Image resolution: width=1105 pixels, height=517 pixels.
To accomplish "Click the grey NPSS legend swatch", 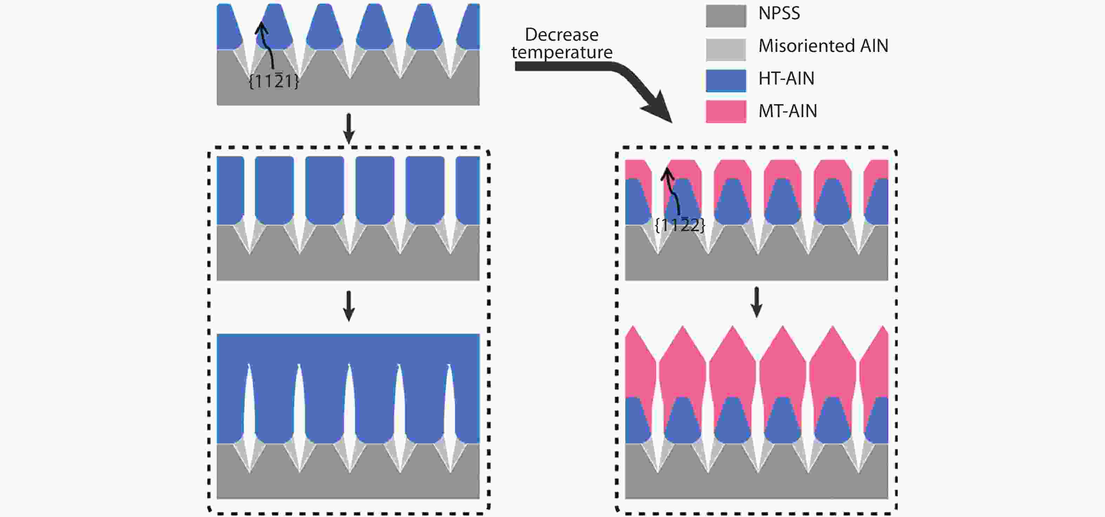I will coord(726,16).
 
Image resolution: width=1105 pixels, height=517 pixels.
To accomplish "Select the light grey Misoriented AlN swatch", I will coord(726,49).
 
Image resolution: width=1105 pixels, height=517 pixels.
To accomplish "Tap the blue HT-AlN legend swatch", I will coord(726,80).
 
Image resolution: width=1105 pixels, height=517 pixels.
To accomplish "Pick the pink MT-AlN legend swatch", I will coord(726,112).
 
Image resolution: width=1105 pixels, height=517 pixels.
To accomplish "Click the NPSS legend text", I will coord(779,14).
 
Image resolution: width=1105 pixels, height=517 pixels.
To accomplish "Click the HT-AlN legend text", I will coord(786,79).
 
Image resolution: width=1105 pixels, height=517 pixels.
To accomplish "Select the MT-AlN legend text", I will coord(788,111).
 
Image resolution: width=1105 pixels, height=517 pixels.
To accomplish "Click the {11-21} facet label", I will coord(274,81).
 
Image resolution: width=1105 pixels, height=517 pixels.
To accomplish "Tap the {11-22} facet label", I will coord(680,225).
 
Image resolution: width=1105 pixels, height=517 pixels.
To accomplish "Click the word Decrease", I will coord(562,35).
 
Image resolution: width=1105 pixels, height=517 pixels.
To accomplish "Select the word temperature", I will coord(562,52).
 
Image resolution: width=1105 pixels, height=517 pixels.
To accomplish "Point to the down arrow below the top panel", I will coord(349,128).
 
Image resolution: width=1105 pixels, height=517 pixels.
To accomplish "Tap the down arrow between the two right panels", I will coord(756,302).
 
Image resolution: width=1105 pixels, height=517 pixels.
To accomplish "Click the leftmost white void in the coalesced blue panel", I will coord(249,403).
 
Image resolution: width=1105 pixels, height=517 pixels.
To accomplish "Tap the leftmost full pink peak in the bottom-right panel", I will coord(683,343).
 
